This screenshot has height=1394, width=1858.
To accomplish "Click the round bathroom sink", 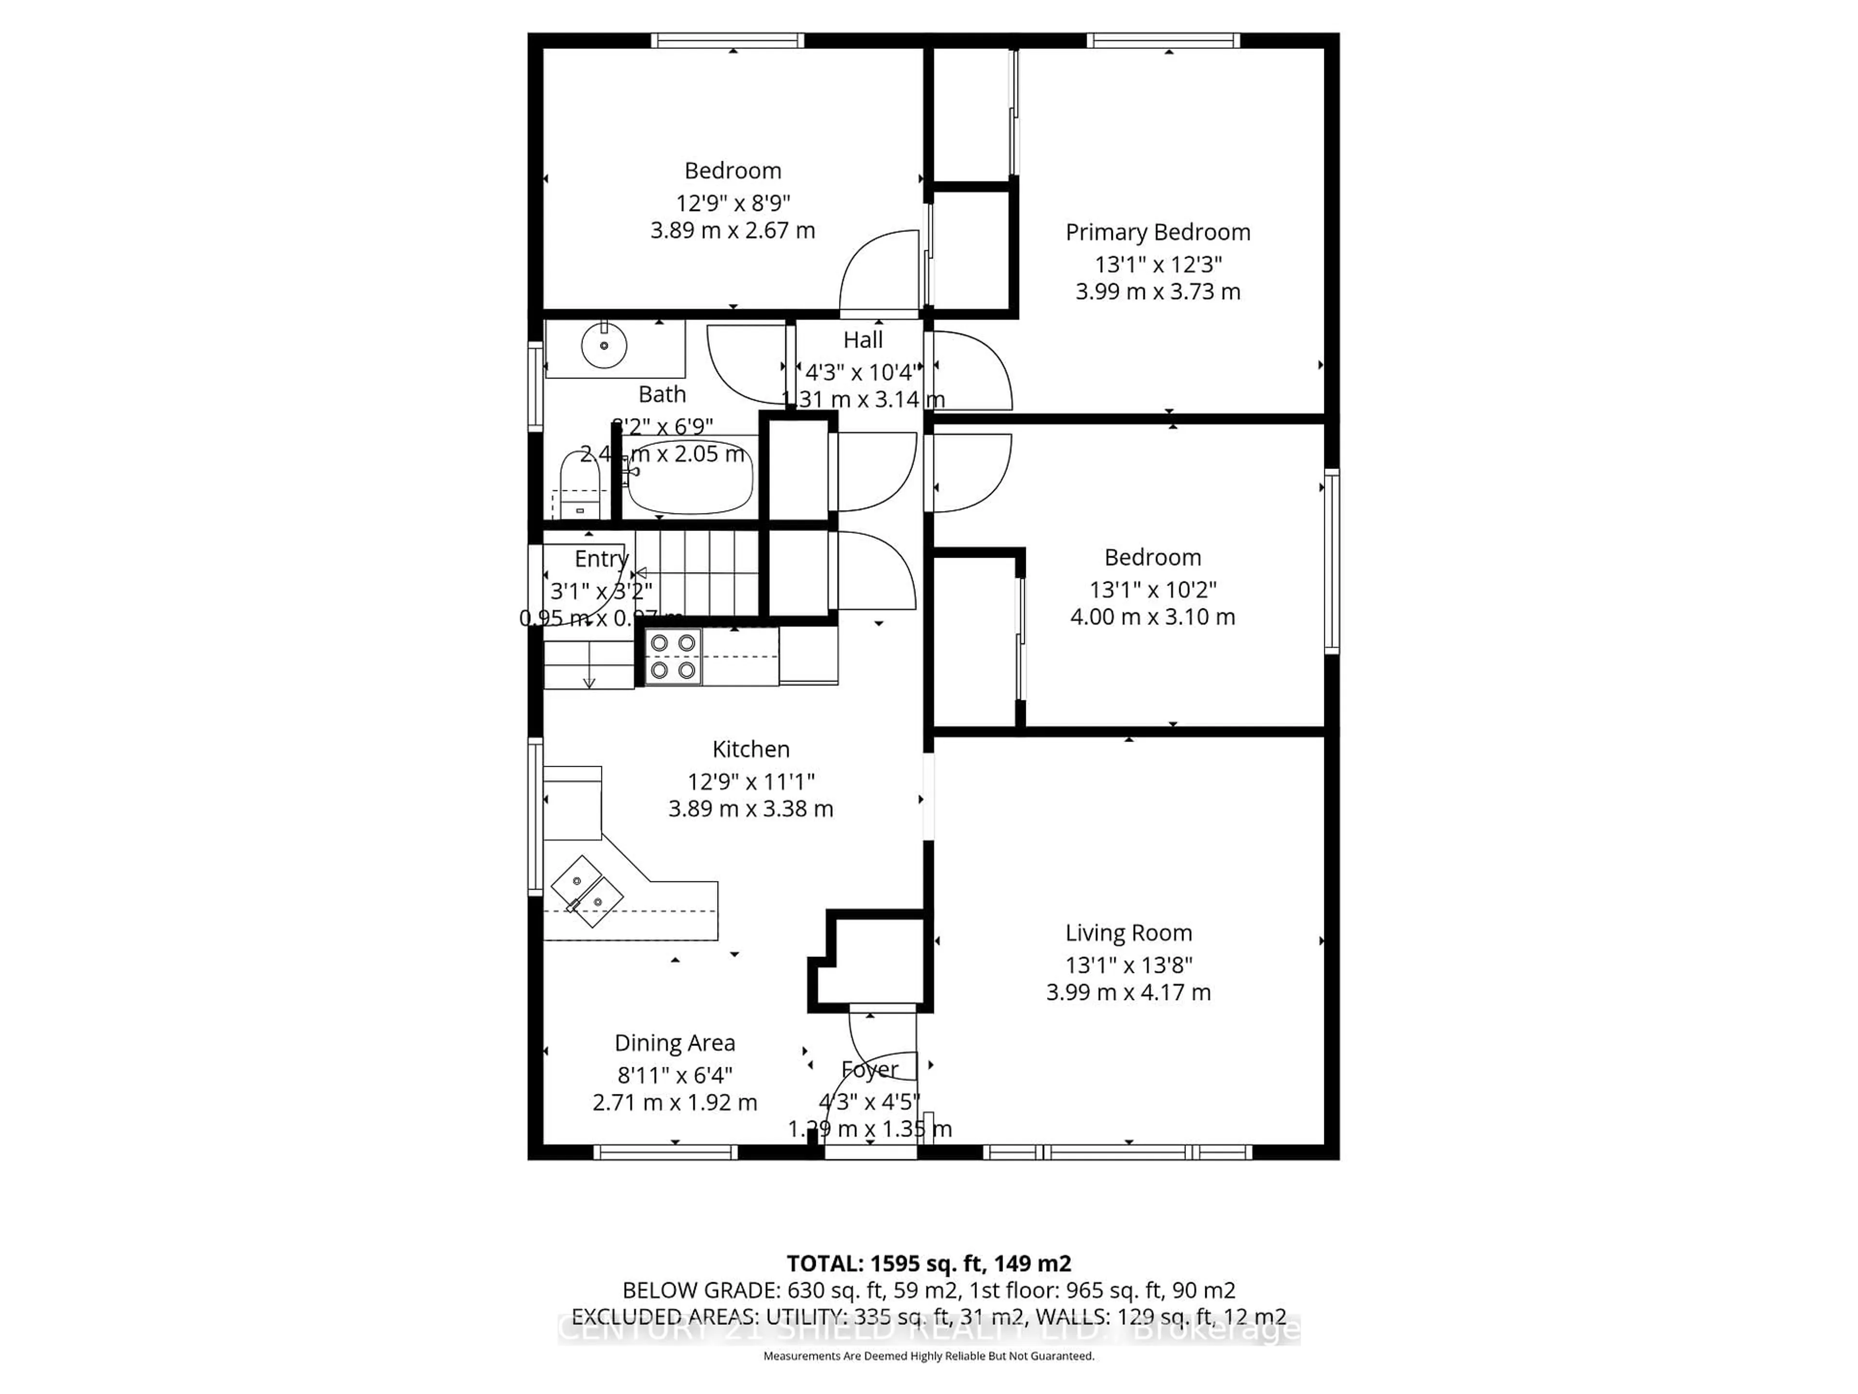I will click(604, 345).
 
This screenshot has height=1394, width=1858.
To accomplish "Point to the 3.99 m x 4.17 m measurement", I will click(1128, 992).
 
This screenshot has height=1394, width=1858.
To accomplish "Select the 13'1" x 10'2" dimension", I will click(1153, 590).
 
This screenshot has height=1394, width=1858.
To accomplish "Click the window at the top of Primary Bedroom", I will click(1163, 40).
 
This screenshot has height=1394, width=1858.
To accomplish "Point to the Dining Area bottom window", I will click(665, 1152).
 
